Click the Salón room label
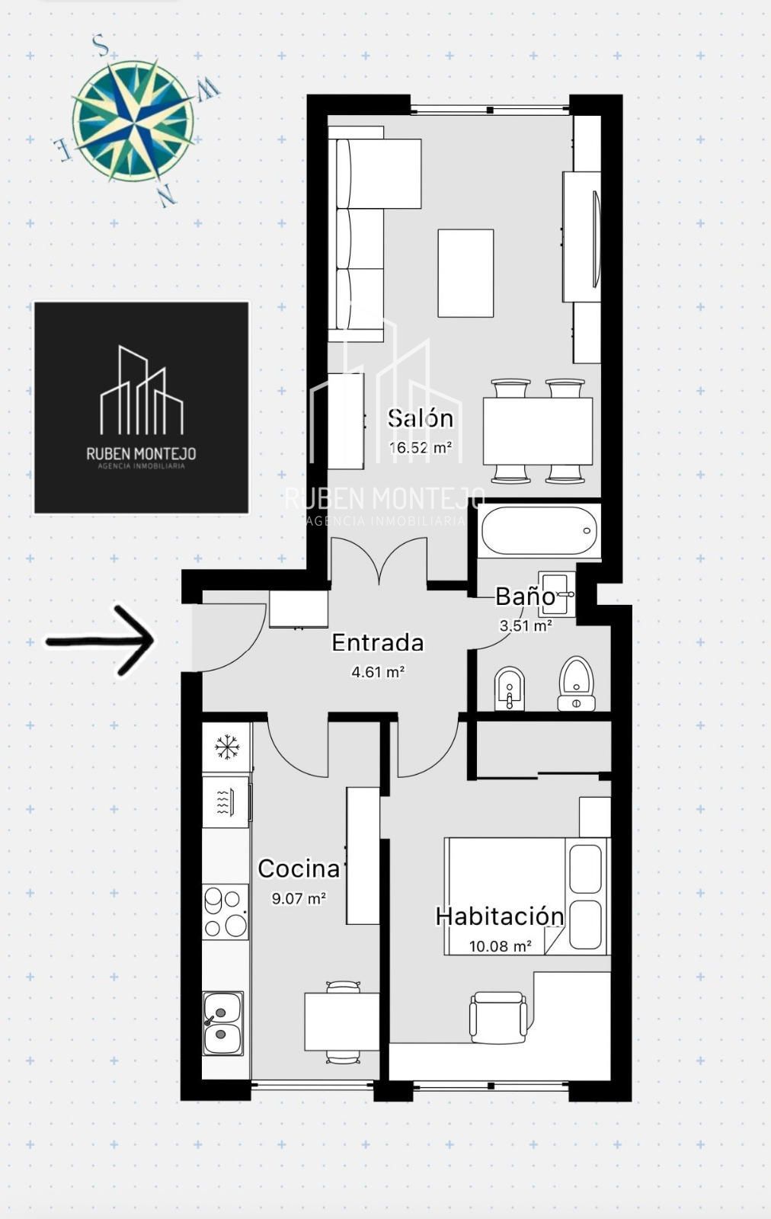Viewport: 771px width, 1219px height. pyautogui.click(x=421, y=418)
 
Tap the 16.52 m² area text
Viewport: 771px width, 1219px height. pyautogui.click(x=421, y=448)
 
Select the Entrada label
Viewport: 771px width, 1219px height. pyautogui.click(x=378, y=643)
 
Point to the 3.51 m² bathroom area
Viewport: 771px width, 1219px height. pyautogui.click(x=526, y=625)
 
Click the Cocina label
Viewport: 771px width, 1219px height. pyautogui.click(x=299, y=869)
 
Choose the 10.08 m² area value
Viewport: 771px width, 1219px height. pyautogui.click(x=500, y=946)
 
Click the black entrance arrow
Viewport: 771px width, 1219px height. pyautogui.click(x=101, y=641)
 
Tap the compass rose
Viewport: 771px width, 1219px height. pyautogui.click(x=133, y=120)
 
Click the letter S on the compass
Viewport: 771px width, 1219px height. pyautogui.click(x=101, y=46)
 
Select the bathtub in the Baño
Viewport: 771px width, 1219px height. pyautogui.click(x=539, y=530)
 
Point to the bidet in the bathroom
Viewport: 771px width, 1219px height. pyautogui.click(x=509, y=688)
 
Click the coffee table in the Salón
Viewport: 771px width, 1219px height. pyautogui.click(x=465, y=274)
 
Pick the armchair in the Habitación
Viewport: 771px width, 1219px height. pyautogui.click(x=498, y=1018)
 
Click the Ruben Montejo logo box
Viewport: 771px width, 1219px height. pyautogui.click(x=142, y=408)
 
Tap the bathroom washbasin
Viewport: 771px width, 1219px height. pyautogui.click(x=557, y=594)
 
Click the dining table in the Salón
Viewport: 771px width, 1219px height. pyautogui.click(x=538, y=431)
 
